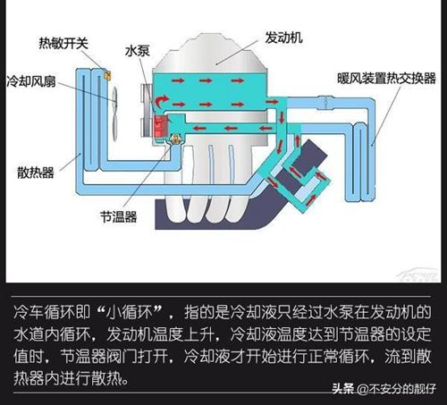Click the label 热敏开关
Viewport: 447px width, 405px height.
63,43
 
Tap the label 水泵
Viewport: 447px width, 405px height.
137,51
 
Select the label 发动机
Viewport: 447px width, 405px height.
283,38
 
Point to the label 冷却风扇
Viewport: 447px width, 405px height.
31,81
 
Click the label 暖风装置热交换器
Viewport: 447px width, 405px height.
386,79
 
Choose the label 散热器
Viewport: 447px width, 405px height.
36,173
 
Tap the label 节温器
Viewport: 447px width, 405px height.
119,216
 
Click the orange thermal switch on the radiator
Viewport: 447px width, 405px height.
107,75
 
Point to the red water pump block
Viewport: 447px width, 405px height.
161,126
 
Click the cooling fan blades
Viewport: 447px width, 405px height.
114,114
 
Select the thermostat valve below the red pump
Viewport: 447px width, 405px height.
175,139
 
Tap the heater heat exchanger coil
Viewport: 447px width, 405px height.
360,163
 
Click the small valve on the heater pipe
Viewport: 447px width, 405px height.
325,102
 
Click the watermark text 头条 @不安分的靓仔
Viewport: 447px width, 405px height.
384,389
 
